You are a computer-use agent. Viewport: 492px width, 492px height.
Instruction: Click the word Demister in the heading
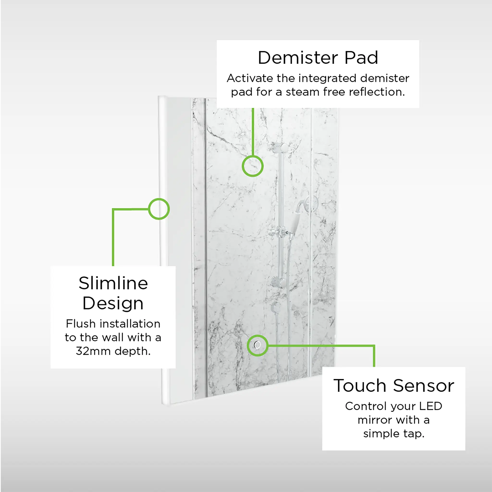pos(298,58)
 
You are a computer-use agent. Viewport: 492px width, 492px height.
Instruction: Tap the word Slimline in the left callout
pos(113,283)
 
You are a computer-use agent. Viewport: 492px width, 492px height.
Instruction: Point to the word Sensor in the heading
pos(424,386)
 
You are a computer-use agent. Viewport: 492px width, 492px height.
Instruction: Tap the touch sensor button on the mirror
pos(258,345)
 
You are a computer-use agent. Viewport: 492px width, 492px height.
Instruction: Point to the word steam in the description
pos(302,92)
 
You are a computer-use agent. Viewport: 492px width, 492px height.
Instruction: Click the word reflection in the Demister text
pos(377,92)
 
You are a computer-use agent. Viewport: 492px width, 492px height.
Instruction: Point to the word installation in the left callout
pos(130,324)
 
